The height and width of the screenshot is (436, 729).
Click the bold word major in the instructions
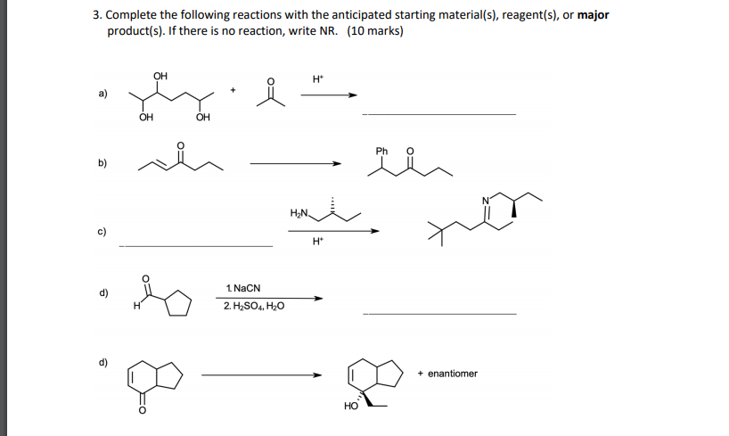593,15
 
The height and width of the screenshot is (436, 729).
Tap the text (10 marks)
374,31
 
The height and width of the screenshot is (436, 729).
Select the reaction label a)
102,94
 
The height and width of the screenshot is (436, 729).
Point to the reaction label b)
102,163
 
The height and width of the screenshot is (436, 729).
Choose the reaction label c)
102,234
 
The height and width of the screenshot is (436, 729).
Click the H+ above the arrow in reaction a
318,79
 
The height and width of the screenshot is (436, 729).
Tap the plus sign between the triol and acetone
233,89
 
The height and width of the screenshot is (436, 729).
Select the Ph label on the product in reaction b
382,151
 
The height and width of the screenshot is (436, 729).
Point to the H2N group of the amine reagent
299,213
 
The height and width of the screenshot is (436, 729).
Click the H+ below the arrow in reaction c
317,242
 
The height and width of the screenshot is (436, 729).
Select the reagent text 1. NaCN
242,289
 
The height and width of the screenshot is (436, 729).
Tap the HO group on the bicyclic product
350,407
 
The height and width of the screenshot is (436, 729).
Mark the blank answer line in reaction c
195,245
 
